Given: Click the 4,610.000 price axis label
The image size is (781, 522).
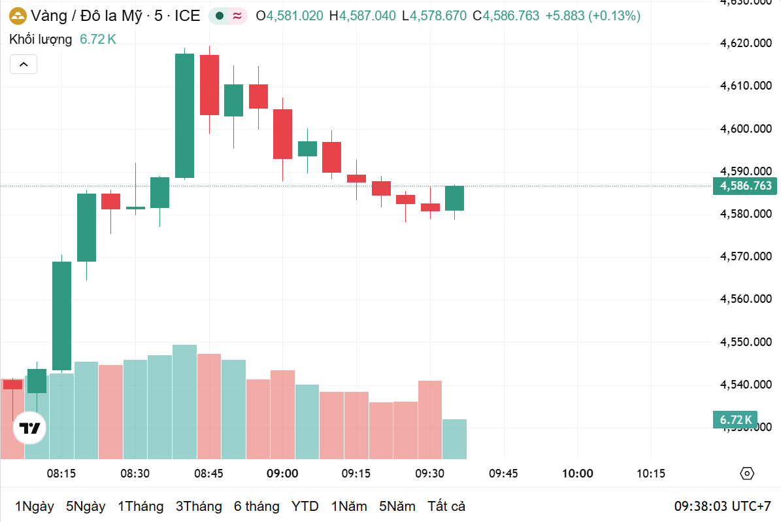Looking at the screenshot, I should coord(746,86).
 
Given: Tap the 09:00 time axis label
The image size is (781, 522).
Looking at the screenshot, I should coord(282,474).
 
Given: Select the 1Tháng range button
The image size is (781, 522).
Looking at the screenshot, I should coord(141,506).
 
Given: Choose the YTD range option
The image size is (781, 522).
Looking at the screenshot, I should coord(305,506).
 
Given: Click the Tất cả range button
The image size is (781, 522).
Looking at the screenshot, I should coord(446,506).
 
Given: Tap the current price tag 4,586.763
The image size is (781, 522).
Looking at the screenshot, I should coord(746,186).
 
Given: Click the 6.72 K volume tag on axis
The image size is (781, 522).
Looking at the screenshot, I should coord(735,419).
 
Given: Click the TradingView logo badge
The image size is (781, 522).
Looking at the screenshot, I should coord(30,429).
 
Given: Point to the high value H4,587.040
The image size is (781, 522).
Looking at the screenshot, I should coord(363,16).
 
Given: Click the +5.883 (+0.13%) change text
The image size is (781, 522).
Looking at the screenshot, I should coord(593,16).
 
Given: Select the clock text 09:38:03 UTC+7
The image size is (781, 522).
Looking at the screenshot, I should coord(723,506).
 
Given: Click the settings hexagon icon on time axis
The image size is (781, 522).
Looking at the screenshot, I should coord(747,474).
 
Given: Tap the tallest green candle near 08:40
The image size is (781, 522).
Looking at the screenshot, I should coord(184,116).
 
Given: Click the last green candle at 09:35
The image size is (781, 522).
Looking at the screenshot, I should coord(454,198).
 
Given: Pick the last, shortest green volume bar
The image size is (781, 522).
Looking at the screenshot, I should coord(454,439).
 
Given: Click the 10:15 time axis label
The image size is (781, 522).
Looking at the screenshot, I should coord(650,474).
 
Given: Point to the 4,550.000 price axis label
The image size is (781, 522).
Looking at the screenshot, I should coord(746,342).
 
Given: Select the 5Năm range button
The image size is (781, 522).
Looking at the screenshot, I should coord(397,506).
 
